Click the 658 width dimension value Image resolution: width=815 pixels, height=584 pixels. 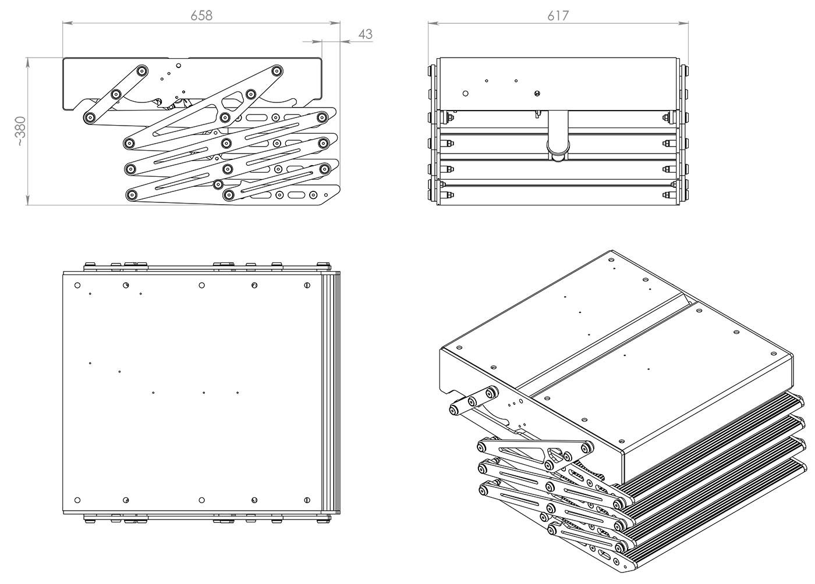201,15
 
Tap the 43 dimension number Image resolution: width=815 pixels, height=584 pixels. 365,34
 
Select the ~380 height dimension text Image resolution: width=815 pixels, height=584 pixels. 20,131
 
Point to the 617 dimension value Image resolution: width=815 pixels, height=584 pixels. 558,16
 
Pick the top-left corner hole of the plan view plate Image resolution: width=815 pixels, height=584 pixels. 77,285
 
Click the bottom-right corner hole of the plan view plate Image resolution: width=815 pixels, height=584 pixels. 307,500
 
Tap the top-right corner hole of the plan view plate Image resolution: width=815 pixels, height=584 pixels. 307,285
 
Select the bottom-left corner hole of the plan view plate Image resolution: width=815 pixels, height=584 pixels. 77,500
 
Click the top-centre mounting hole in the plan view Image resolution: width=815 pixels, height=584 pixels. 201,285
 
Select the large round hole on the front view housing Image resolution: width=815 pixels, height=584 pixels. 465,92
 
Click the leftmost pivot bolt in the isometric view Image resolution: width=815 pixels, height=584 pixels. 453,410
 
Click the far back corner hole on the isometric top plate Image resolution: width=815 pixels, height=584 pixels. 611,259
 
